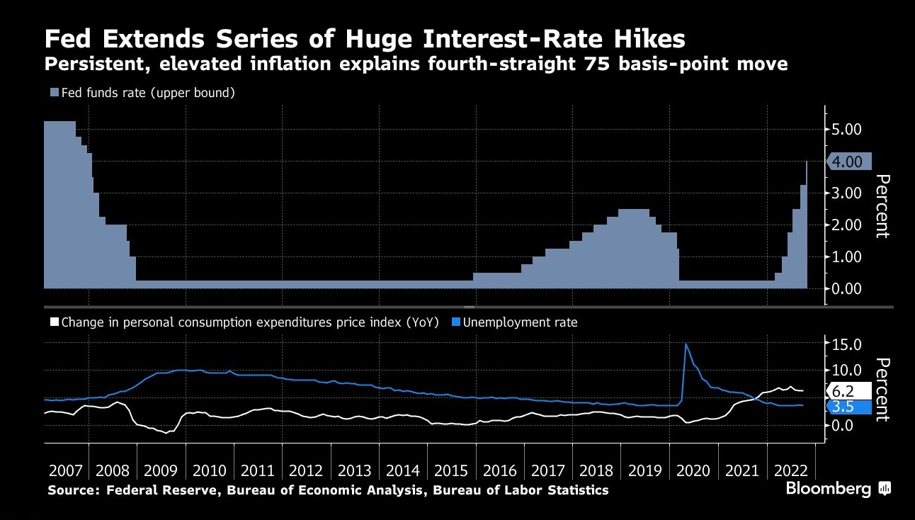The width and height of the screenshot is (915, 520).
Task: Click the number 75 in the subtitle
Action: [614, 64]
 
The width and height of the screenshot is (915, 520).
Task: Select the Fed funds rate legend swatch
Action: [55, 93]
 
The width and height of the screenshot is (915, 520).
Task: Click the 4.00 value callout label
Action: [848, 162]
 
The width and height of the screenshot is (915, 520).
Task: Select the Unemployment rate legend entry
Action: [514, 322]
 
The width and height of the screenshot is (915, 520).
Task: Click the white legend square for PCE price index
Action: [54, 322]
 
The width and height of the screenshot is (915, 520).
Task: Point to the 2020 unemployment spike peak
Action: [686, 344]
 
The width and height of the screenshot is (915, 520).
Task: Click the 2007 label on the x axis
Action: [66, 470]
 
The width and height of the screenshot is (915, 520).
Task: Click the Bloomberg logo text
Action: [829, 489]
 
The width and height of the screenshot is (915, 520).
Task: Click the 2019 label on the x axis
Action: [644, 470]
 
